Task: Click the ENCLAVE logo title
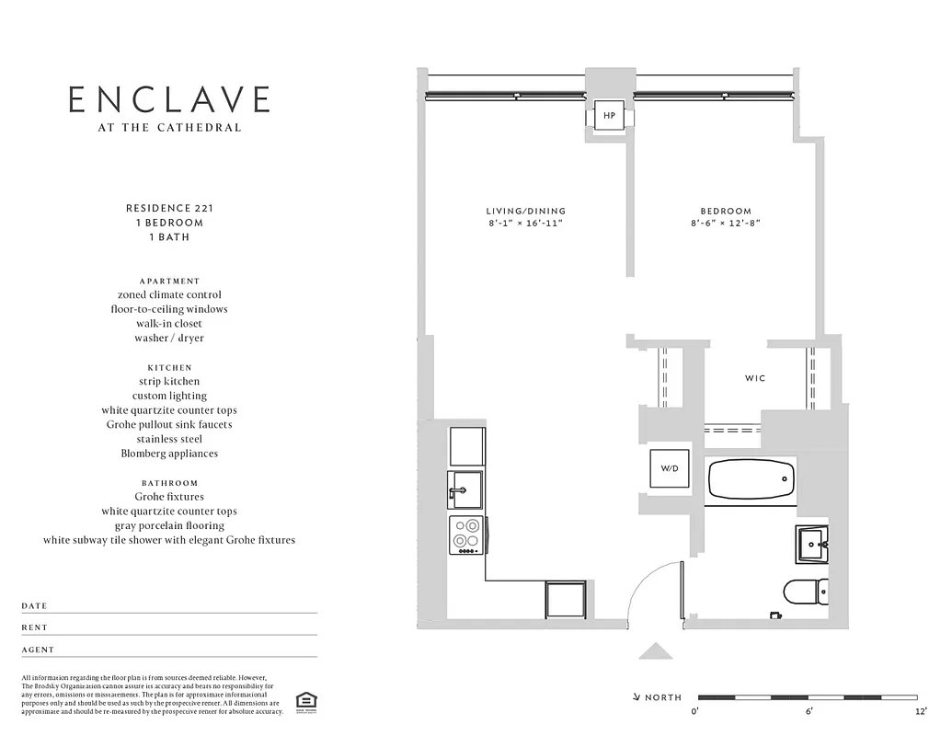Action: (x=169, y=99)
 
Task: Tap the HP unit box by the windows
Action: (x=609, y=117)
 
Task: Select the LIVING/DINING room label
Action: (x=526, y=212)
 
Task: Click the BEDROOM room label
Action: (x=726, y=212)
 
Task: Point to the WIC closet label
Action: (x=754, y=378)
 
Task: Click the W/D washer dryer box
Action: (x=669, y=468)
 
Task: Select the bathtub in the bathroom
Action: (x=751, y=480)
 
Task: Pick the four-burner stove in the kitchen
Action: (x=466, y=535)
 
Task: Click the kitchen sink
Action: (x=466, y=489)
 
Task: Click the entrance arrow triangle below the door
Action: (x=656, y=651)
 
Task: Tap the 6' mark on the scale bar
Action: (x=809, y=711)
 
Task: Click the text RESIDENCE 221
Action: (x=169, y=208)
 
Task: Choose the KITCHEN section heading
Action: (x=169, y=367)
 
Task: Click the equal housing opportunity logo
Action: (x=304, y=701)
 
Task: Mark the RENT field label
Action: (x=34, y=627)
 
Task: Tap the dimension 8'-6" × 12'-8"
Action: (x=726, y=224)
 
